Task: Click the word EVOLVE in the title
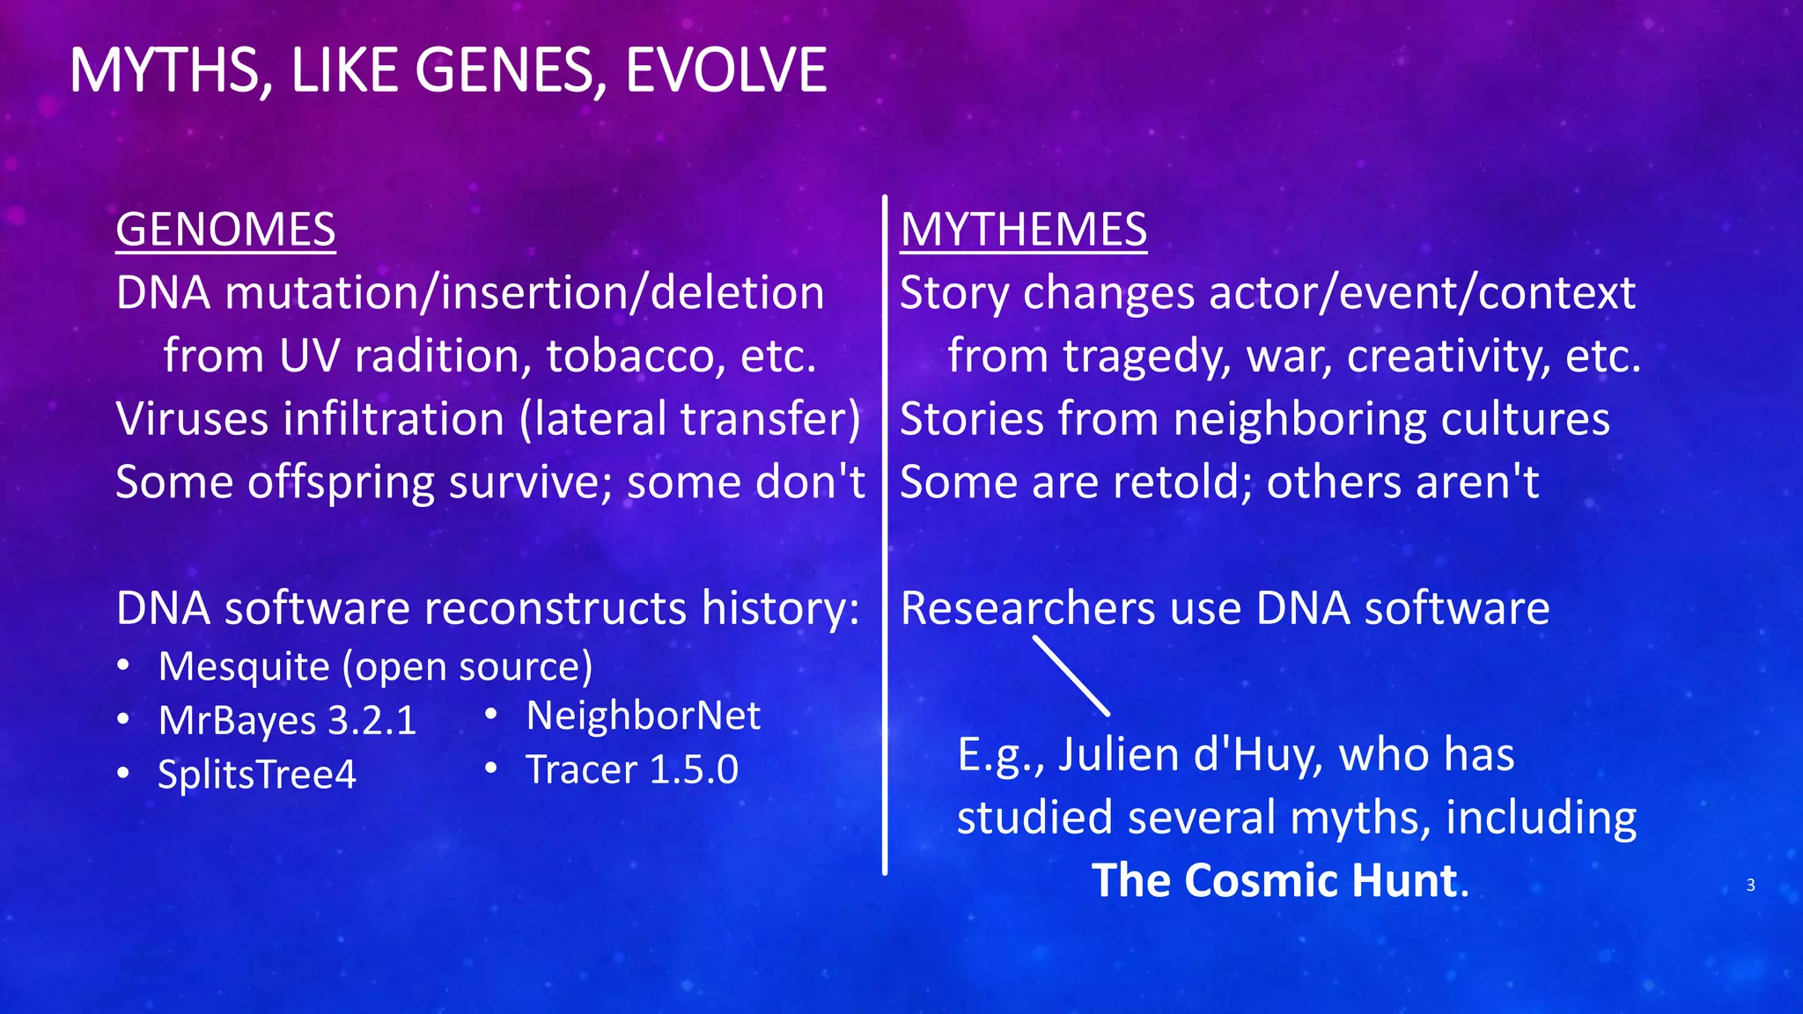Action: click(x=725, y=70)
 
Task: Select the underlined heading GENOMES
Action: click(x=225, y=230)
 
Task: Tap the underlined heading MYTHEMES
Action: click(x=1023, y=230)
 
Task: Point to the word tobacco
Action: click(x=635, y=356)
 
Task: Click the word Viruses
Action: click(x=192, y=419)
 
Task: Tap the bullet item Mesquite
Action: click(x=244, y=666)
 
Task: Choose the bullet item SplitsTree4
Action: click(x=256, y=775)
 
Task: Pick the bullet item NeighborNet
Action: click(x=643, y=716)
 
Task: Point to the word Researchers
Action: click(x=1027, y=608)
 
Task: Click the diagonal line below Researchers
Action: click(x=1071, y=676)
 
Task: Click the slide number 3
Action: click(x=1750, y=885)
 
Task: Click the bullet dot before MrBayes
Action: click(x=124, y=720)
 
